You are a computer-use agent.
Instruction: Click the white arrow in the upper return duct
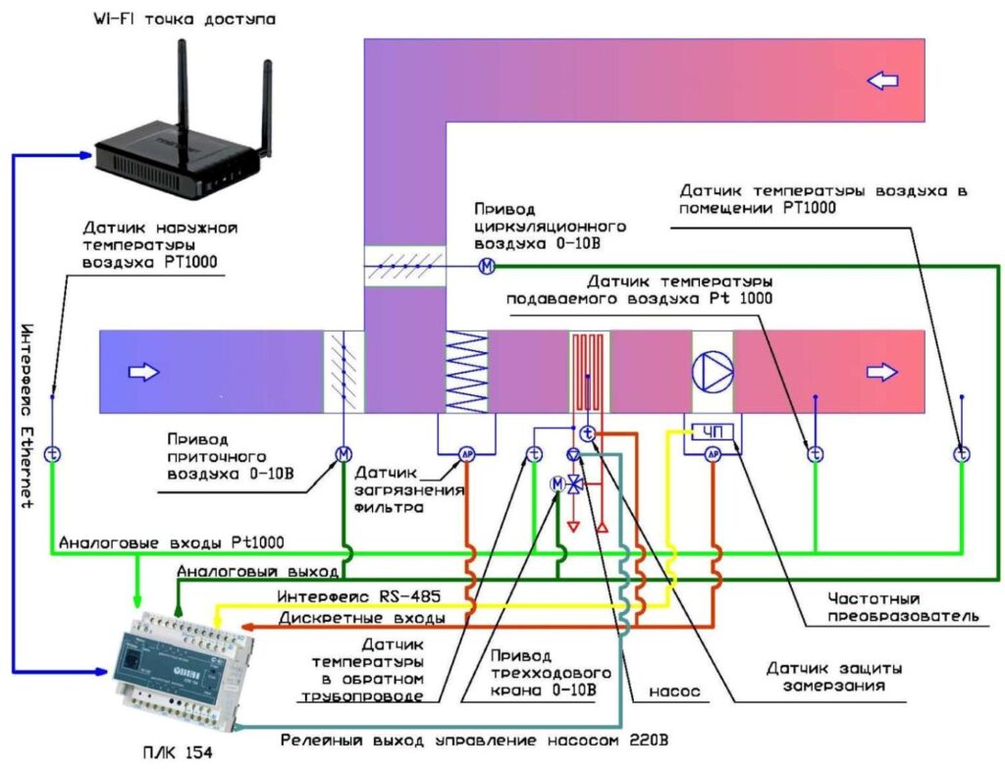coord(883,80)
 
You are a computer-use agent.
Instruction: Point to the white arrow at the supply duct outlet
coord(882,371)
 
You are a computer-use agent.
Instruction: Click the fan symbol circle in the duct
coord(714,371)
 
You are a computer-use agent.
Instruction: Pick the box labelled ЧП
coord(713,431)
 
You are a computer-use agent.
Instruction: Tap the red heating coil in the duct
coord(589,371)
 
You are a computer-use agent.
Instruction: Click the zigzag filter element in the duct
coord(468,371)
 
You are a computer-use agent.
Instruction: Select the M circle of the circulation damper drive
coord(486,267)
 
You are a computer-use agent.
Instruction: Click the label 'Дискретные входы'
coord(363,619)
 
